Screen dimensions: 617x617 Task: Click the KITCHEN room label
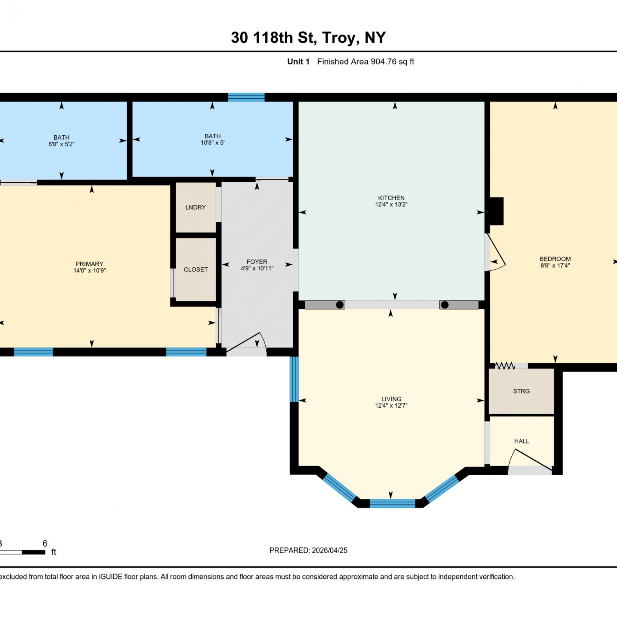pyautogui.click(x=391, y=198)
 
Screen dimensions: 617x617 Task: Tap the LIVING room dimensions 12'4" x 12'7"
pyautogui.click(x=391, y=406)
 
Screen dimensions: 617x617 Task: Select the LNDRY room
pyautogui.click(x=196, y=207)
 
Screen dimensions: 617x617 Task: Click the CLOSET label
pyautogui.click(x=196, y=269)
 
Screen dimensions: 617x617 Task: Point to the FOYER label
pyautogui.click(x=257, y=262)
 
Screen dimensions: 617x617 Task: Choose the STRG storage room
pyautogui.click(x=521, y=391)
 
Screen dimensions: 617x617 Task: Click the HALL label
pyautogui.click(x=522, y=441)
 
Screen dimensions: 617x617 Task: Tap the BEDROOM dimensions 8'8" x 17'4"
pyautogui.click(x=555, y=266)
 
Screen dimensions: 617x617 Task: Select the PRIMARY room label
pyautogui.click(x=89, y=264)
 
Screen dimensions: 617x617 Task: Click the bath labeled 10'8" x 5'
pyautogui.click(x=212, y=139)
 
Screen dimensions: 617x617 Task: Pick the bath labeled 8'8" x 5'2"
pyautogui.click(x=62, y=141)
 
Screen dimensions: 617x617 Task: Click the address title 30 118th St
pyautogui.click(x=274, y=38)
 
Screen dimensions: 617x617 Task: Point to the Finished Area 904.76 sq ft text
pyautogui.click(x=366, y=62)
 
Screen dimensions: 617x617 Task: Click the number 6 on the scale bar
pyautogui.click(x=45, y=543)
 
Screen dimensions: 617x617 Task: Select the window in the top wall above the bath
pyautogui.click(x=246, y=97)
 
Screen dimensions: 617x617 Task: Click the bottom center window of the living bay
pyautogui.click(x=392, y=503)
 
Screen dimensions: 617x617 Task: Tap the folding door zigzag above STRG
pyautogui.click(x=505, y=366)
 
